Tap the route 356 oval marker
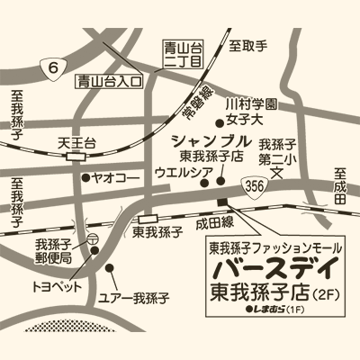tap(255, 184)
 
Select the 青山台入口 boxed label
tap(109, 80)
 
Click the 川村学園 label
tap(250, 105)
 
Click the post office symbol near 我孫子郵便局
tap(93, 238)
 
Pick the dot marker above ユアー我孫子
tap(110, 267)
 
